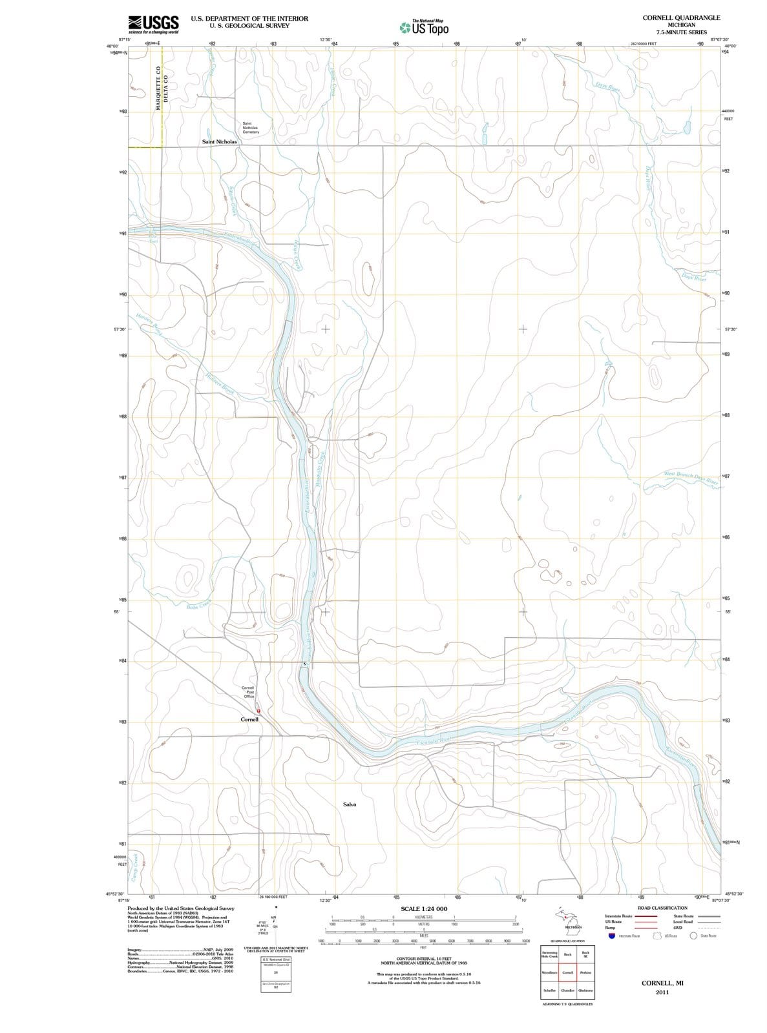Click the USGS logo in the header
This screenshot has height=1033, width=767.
pyautogui.click(x=153, y=23)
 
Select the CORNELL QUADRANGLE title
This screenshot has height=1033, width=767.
pyautogui.click(x=681, y=17)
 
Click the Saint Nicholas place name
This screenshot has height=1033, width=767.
pyautogui.click(x=219, y=141)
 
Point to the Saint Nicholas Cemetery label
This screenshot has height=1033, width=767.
pyautogui.click(x=250, y=128)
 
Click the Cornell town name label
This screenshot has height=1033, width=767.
pyautogui.click(x=249, y=719)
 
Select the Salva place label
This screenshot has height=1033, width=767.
pyautogui.click(x=349, y=804)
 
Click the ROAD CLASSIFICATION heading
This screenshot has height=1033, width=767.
pyautogui.click(x=662, y=908)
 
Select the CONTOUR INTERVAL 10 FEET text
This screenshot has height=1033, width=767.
pyautogui.click(x=423, y=959)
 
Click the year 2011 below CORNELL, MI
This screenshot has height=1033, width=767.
pyautogui.click(x=662, y=992)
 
